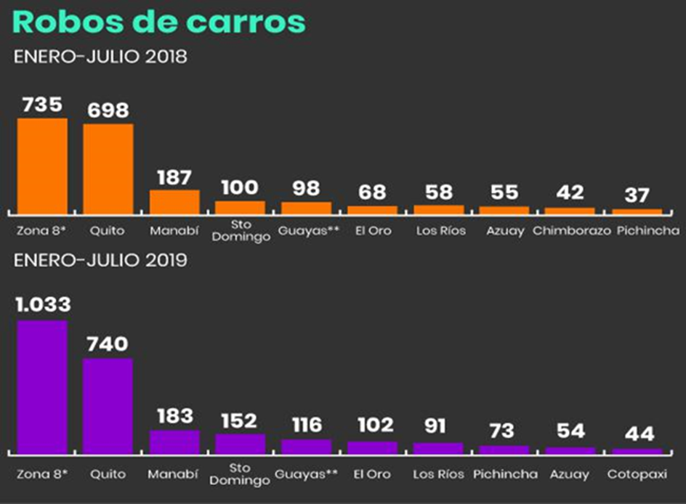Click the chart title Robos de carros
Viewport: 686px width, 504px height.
[158, 22]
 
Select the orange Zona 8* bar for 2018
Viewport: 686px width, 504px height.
[42, 166]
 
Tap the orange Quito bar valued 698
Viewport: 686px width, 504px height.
[108, 168]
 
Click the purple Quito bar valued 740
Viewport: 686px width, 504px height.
[108, 405]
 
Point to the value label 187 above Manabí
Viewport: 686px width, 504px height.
[174, 177]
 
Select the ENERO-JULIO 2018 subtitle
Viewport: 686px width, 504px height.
[100, 57]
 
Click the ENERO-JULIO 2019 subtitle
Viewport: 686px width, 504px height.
[100, 260]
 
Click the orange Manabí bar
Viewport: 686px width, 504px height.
[174, 201]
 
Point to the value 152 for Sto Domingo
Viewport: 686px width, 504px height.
[239, 420]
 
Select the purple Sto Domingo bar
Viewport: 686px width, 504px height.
[240, 444]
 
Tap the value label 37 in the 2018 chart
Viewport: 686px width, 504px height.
[637, 195]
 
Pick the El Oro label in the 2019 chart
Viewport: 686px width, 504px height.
[371, 474]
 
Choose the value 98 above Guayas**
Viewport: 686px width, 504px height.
[306, 188]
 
